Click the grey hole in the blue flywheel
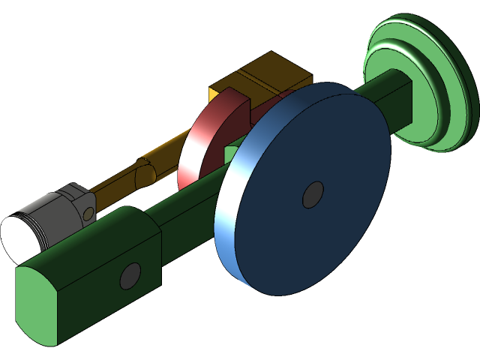(313, 195)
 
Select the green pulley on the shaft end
(420, 82)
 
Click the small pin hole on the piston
(88, 213)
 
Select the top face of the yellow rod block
(262, 71)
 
